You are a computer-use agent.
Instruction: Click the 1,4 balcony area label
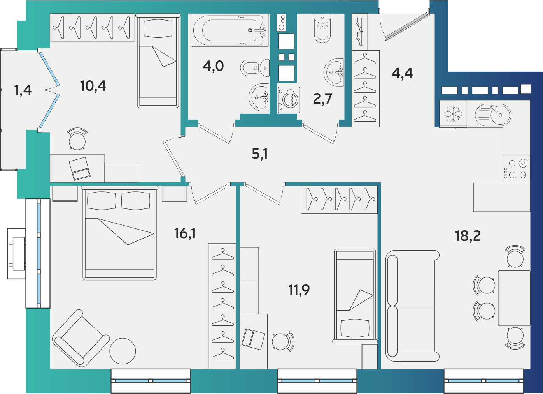point(23,90)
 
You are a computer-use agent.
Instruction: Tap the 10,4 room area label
point(93,86)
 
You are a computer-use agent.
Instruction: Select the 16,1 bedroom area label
point(185,233)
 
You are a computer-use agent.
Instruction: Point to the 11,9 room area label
point(299,290)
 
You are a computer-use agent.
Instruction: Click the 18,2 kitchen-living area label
point(468,236)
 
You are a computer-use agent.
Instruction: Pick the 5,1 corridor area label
point(260,154)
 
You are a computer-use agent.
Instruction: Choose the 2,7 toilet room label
point(322,99)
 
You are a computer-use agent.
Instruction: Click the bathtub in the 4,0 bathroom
point(230,30)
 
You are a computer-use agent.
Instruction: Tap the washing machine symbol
point(289,100)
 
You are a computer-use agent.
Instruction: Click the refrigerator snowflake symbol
point(453,114)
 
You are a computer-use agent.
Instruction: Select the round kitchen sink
point(493,115)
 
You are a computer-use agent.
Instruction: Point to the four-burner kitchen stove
point(516,169)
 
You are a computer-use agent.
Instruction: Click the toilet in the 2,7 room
point(322,28)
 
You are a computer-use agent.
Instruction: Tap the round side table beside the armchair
point(123,351)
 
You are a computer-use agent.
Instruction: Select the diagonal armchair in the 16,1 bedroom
point(81,338)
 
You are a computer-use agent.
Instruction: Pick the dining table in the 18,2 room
point(514,298)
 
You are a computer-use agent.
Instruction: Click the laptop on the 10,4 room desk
point(79,169)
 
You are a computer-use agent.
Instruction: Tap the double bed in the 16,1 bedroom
point(119,233)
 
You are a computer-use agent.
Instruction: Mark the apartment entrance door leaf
point(408,27)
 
